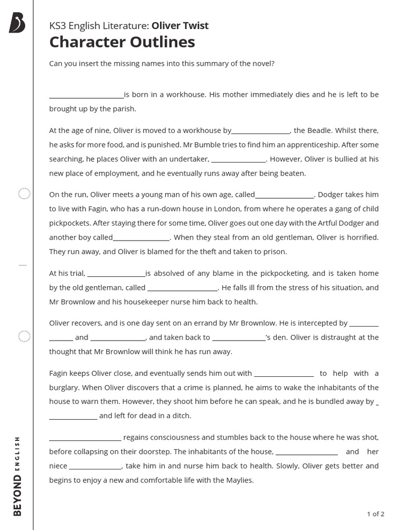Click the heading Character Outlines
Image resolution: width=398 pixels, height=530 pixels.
pyautogui.click(x=122, y=42)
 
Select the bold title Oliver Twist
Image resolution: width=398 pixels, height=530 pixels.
pyautogui.click(x=180, y=25)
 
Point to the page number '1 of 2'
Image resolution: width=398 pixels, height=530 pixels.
pyautogui.click(x=375, y=514)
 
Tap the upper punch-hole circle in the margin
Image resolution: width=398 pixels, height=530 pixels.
pyautogui.click(x=24, y=194)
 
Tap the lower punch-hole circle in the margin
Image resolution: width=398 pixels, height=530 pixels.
pyautogui.click(x=24, y=336)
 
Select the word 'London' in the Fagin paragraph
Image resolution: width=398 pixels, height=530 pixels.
pyautogui.click(x=214, y=209)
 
